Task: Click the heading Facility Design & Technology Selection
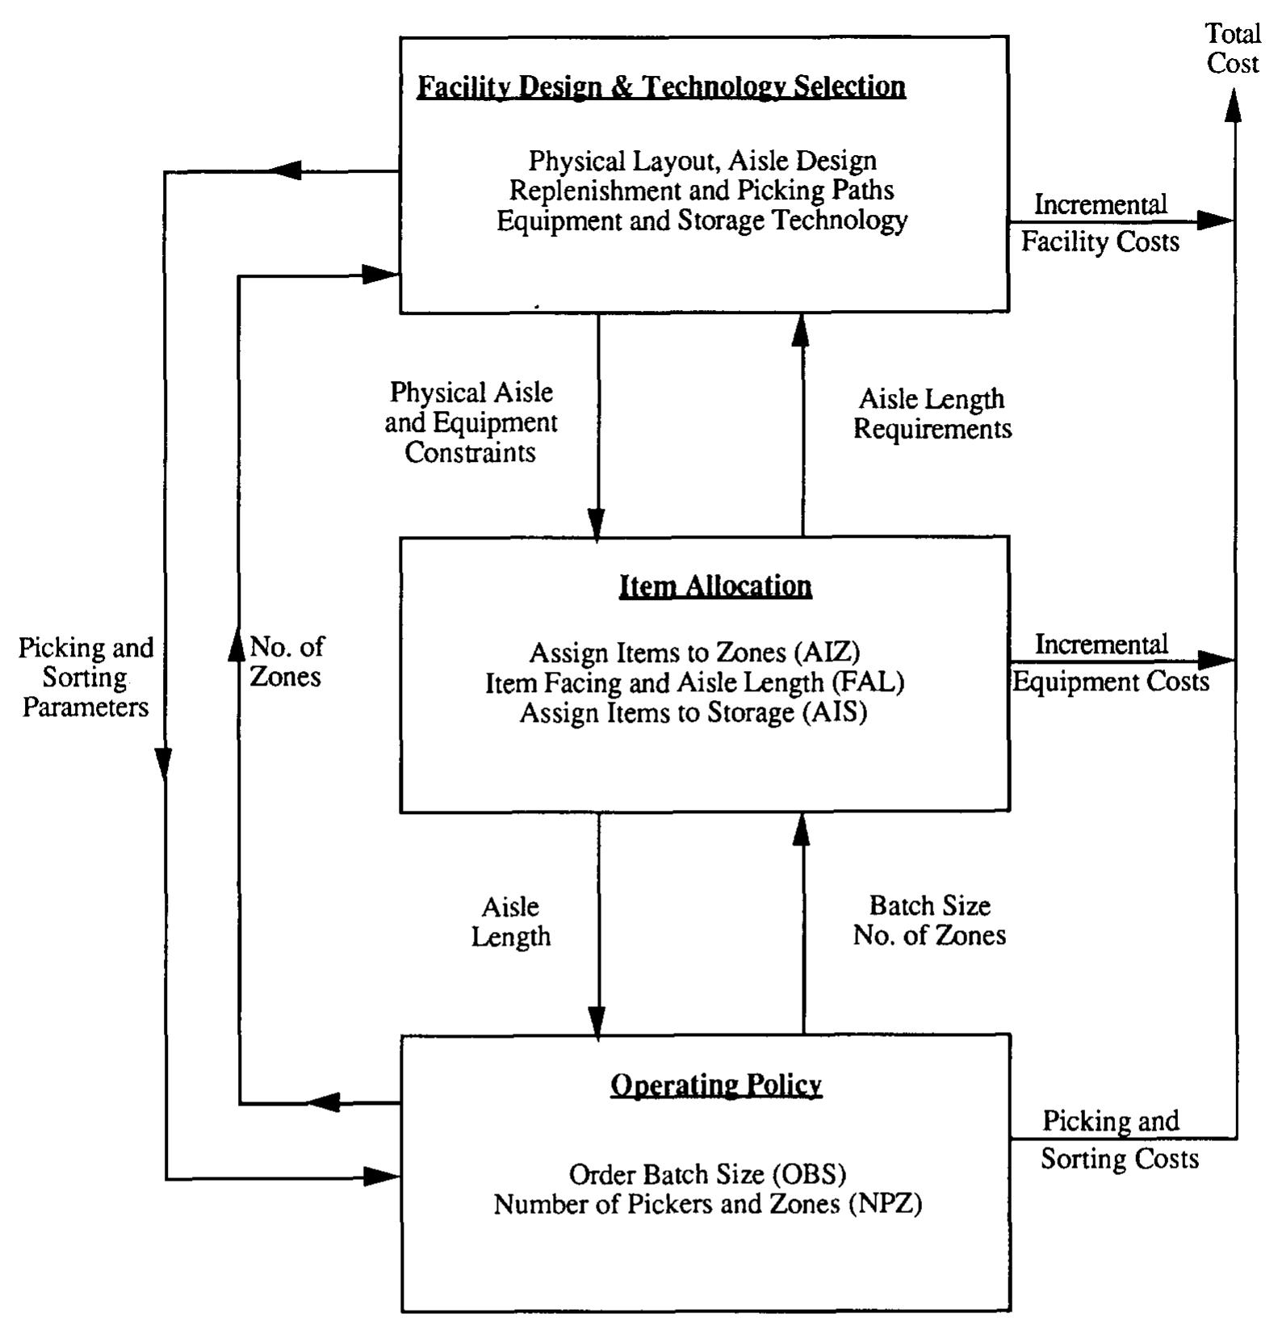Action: click(660, 86)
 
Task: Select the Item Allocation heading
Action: click(715, 585)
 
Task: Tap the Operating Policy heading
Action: click(715, 1085)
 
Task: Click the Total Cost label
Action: click(1232, 48)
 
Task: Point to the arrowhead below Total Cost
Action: click(1233, 105)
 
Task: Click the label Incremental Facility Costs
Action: click(1100, 223)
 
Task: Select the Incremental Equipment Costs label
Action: click(1110, 663)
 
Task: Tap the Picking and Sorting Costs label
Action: click(1117, 1139)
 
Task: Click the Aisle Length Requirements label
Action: click(932, 413)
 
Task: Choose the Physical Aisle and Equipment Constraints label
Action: click(471, 422)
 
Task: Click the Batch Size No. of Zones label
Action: click(929, 921)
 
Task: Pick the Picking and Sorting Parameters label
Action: click(86, 678)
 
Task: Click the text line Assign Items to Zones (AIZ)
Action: click(694, 653)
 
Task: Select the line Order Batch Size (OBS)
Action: click(707, 1173)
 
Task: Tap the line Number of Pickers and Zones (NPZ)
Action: click(707, 1204)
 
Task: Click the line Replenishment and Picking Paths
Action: click(701, 191)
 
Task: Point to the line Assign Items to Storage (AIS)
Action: click(693, 713)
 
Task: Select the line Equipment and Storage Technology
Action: click(701, 220)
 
